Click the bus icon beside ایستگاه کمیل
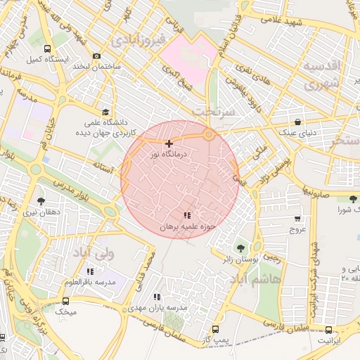[x=47, y=49]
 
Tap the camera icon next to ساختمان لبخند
[x=96, y=56]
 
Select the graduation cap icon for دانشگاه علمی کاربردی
[x=106, y=112]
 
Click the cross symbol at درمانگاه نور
[x=169, y=143]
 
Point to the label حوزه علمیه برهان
[x=186, y=227]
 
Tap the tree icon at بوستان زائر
[x=241, y=248]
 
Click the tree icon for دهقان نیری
[x=39, y=201]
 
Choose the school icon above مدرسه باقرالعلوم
[x=89, y=271]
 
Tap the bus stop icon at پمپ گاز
[x=214, y=328]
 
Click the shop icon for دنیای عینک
[x=298, y=122]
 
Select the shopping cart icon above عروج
[x=298, y=218]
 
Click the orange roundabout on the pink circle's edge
[x=209, y=134]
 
